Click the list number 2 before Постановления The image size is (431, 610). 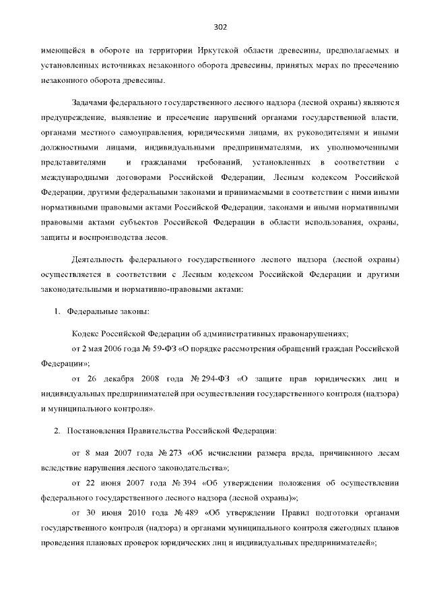pyautogui.click(x=56, y=430)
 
